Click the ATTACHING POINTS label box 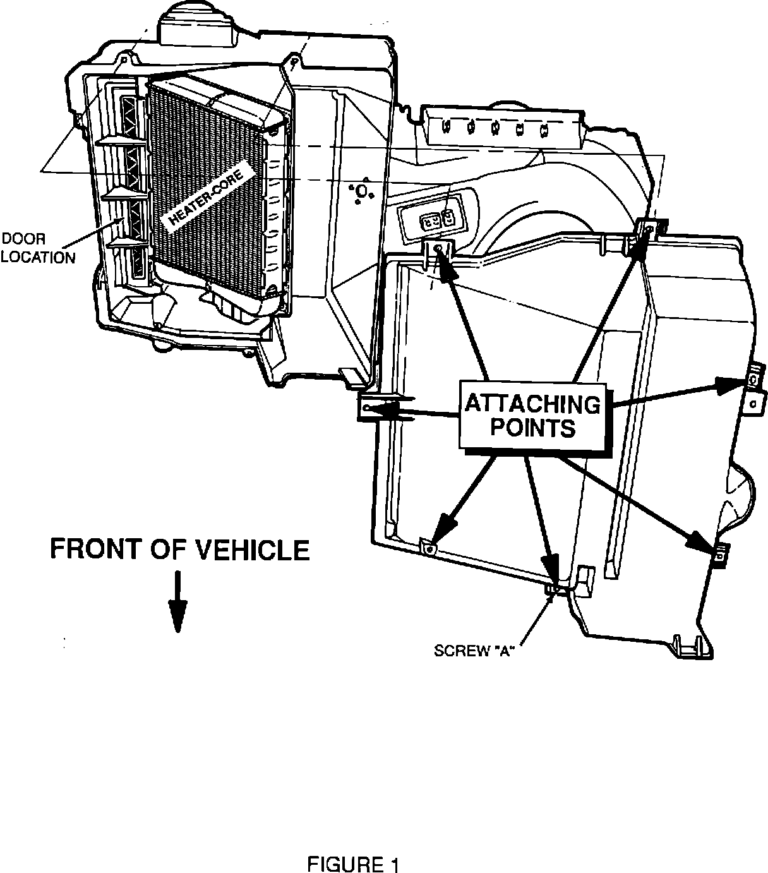click(x=532, y=415)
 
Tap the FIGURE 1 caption click(x=353, y=864)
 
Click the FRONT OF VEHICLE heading click(x=179, y=550)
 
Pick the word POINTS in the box click(x=532, y=428)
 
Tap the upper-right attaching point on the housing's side click(x=754, y=380)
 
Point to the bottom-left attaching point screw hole click(x=429, y=549)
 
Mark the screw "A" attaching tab click(x=551, y=589)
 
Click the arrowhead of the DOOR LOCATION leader click(x=123, y=222)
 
